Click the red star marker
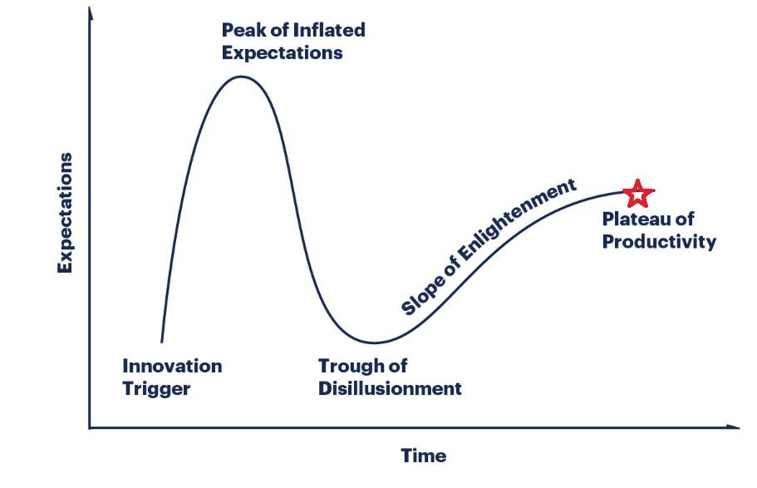pos(638,193)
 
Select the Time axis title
pos(424,456)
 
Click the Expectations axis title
pos(65,213)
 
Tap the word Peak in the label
pos(243,30)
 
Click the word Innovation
pos(172,367)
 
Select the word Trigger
pos(156,389)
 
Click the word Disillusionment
pos(390,388)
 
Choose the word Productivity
pos(659,242)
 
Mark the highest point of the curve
pos(241,76)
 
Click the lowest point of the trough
pos(374,343)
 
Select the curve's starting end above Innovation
pos(162,342)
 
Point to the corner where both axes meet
pos(90,427)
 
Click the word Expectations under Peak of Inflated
pos(282,53)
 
